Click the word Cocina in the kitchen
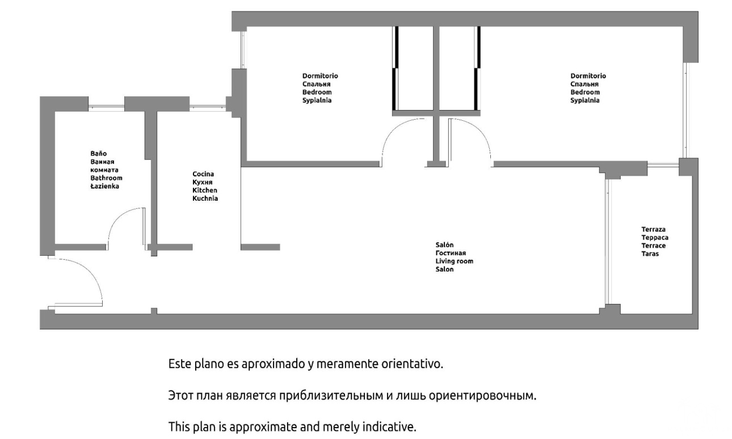click(x=203, y=174)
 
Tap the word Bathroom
click(x=106, y=178)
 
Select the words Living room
click(x=454, y=261)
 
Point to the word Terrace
click(x=653, y=246)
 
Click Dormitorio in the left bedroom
click(x=320, y=76)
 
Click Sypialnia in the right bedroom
click(x=585, y=100)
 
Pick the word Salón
click(x=444, y=244)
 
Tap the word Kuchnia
click(x=205, y=199)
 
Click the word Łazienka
click(x=104, y=186)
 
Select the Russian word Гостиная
click(x=451, y=253)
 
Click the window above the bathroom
click(x=106, y=107)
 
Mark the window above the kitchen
click(x=208, y=107)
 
